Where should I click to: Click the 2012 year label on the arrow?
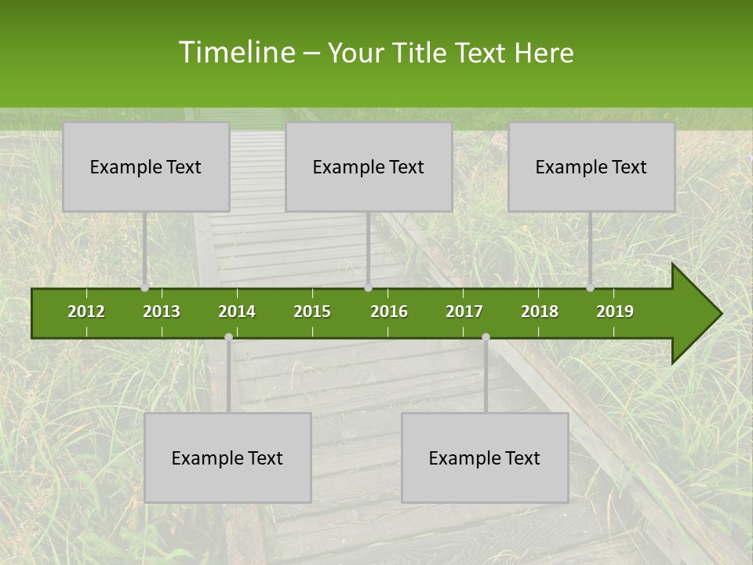86,312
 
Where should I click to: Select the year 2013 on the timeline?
162,312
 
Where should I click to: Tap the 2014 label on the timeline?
237,312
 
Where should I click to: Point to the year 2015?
312,312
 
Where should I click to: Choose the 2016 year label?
389,312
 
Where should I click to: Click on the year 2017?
464,312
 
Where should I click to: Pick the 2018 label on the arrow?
540,312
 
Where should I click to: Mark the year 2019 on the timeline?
615,312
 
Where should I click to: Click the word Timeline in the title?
235,53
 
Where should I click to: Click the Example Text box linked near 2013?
146,166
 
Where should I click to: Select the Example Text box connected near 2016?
369,166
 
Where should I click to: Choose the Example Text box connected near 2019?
591,166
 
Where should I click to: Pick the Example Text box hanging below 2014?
227,457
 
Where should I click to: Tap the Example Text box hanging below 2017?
485,457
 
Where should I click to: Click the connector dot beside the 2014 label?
228,337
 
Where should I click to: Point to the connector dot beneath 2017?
486,337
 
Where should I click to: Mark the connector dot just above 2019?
591,288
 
